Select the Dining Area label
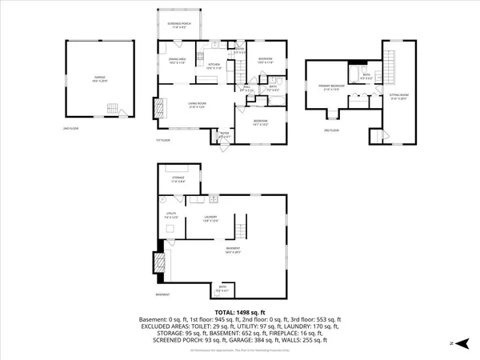[x=178, y=61]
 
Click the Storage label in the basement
[x=178, y=179]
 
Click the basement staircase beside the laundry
[x=238, y=233]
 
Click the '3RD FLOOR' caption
[x=331, y=130]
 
